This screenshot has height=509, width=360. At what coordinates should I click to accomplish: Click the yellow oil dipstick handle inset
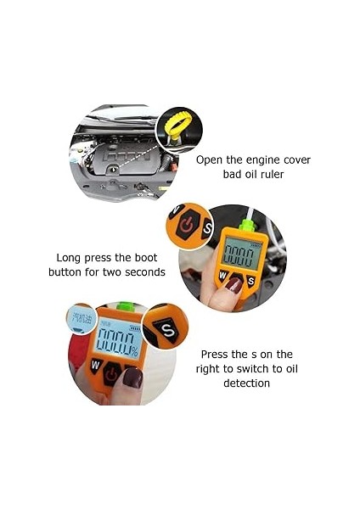pos(177,123)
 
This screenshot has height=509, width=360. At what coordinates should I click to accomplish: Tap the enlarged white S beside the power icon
pos(207,229)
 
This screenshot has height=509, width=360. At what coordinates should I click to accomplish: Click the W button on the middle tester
pos(222,276)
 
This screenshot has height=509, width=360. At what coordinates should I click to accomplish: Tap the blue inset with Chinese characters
pos(82,319)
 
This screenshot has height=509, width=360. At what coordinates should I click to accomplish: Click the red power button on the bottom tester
pos(111,373)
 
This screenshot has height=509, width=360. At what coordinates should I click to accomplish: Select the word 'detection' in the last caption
pos(246,383)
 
